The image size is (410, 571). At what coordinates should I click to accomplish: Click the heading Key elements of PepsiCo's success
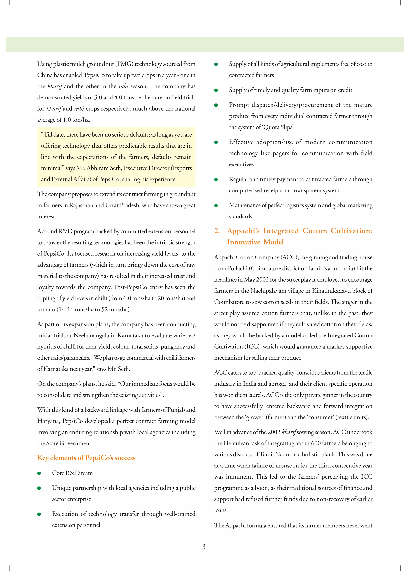tap(86, 458)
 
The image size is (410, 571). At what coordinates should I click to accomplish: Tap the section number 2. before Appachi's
tap(217, 231)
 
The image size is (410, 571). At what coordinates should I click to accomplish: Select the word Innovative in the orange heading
tap(244, 242)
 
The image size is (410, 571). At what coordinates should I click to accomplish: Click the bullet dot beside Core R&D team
tap(39, 473)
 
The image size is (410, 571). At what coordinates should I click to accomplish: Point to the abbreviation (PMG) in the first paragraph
tap(124, 64)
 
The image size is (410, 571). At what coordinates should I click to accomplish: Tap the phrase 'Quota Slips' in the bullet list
tap(278, 127)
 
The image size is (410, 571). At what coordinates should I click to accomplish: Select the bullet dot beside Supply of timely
tap(216, 90)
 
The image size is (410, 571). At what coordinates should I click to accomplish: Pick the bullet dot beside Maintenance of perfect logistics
tap(216, 205)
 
